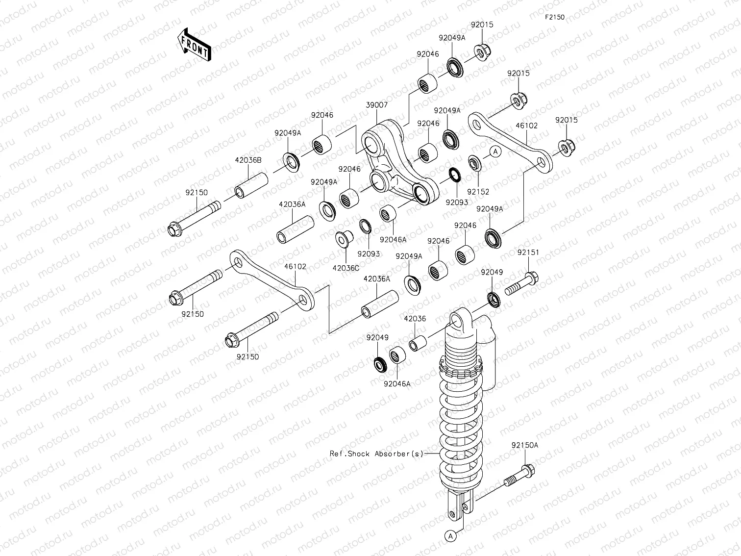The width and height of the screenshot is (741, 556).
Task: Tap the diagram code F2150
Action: click(555, 17)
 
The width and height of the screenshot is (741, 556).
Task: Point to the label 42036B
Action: click(248, 160)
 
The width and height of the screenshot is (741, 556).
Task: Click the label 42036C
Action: click(346, 268)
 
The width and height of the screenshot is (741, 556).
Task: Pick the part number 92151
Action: click(528, 253)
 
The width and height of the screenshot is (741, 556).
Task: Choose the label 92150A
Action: click(524, 445)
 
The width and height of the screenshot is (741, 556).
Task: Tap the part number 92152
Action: click(478, 192)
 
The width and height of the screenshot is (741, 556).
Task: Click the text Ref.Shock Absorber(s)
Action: click(376, 454)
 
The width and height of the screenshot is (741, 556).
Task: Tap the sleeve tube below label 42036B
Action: click(252, 185)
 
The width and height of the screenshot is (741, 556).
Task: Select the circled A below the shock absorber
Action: click(450, 536)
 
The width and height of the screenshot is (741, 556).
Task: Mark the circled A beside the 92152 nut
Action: click(495, 152)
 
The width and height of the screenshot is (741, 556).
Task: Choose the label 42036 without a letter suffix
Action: click(415, 319)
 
